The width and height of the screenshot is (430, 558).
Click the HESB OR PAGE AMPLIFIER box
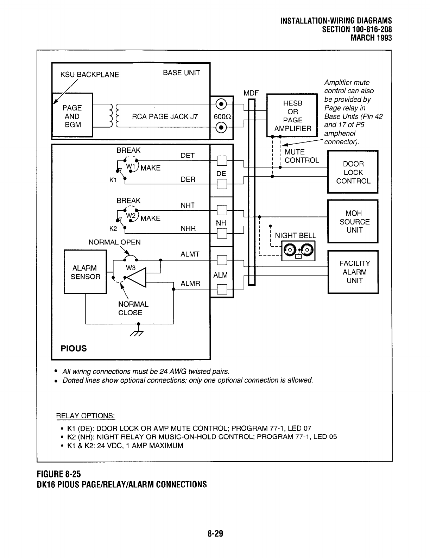[292, 116]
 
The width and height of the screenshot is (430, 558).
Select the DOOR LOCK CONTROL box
[353, 172]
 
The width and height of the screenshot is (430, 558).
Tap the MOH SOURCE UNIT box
[353, 221]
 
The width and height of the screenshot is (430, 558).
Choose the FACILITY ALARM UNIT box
[353, 272]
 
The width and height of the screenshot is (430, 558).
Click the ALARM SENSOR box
[85, 272]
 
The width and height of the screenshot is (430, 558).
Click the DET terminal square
[221, 160]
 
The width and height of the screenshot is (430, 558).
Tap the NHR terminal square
[221, 233]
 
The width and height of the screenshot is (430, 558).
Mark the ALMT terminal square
[221, 260]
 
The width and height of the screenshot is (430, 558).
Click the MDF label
[251, 93]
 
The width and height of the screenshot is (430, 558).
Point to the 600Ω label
[221, 116]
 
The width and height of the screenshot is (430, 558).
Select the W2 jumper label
[131, 215]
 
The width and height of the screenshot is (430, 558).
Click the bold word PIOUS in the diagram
[74, 348]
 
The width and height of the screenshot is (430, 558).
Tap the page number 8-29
[215, 534]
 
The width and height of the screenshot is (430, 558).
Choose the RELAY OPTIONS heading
[86, 416]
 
